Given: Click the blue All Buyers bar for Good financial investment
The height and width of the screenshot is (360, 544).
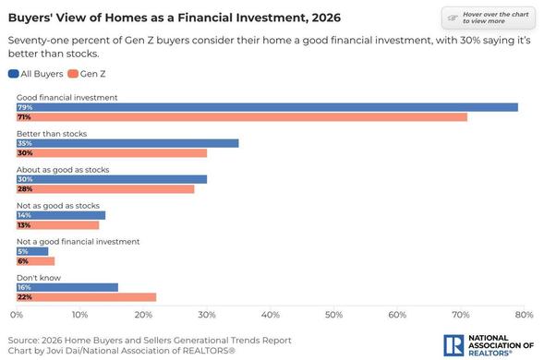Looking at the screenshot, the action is pyautogui.click(x=267, y=107).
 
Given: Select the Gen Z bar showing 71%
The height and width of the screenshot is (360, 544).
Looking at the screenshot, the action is pyautogui.click(x=242, y=117).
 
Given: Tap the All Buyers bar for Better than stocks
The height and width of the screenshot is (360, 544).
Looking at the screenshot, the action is pyautogui.click(x=127, y=143).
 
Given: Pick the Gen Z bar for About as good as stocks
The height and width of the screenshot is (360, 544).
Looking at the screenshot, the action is pyautogui.click(x=105, y=189).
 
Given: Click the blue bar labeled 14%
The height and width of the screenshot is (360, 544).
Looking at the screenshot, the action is pyautogui.click(x=61, y=215).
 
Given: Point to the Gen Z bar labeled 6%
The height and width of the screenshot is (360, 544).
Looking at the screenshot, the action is pyautogui.click(x=35, y=261).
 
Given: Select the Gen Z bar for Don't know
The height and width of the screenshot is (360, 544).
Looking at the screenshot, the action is pyautogui.click(x=87, y=297).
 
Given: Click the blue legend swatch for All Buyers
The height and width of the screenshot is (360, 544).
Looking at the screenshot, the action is pyautogui.click(x=14, y=74).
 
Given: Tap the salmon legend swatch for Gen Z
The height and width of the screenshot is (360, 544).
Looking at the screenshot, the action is pyautogui.click(x=73, y=74).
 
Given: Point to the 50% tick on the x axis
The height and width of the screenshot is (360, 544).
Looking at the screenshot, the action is pyautogui.click(x=333, y=315).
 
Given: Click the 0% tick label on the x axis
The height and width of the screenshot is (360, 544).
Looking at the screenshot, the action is pyautogui.click(x=17, y=315).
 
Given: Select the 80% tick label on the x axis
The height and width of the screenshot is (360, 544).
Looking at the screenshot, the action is pyautogui.click(x=525, y=315).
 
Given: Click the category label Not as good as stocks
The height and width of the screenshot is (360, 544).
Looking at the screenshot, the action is pyautogui.click(x=58, y=206).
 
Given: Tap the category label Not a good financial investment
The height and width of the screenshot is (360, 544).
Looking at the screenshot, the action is pyautogui.click(x=79, y=242).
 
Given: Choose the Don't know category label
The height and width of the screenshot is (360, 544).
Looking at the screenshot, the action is pyautogui.click(x=39, y=278).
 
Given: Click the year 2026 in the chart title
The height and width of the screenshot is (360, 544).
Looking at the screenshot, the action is pyautogui.click(x=326, y=18).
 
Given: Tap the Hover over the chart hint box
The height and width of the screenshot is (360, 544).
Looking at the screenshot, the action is pyautogui.click(x=489, y=18).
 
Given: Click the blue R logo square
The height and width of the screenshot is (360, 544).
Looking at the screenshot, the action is pyautogui.click(x=453, y=345).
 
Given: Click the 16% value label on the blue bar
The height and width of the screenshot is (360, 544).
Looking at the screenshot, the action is pyautogui.click(x=24, y=287).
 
